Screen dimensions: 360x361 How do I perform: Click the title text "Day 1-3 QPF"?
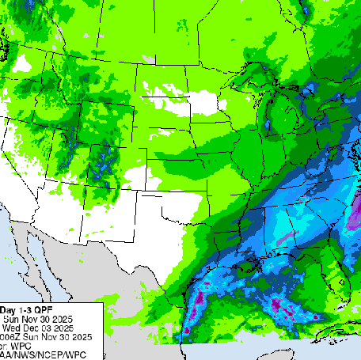pyautogui.click(x=27, y=309)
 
